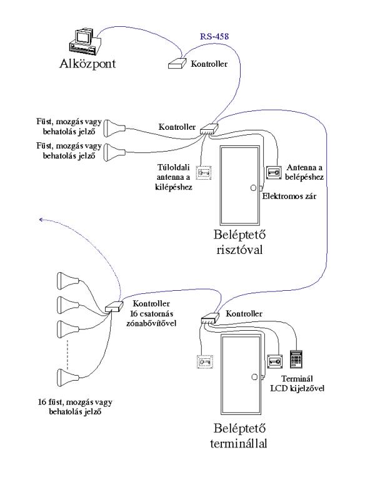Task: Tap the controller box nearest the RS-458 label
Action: point(177,63)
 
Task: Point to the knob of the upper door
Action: point(252,188)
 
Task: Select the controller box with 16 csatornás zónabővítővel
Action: point(115,307)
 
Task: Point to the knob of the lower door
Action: point(252,376)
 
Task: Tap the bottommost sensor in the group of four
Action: point(67,377)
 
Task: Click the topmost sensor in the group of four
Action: point(67,278)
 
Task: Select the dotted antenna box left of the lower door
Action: point(204,361)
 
